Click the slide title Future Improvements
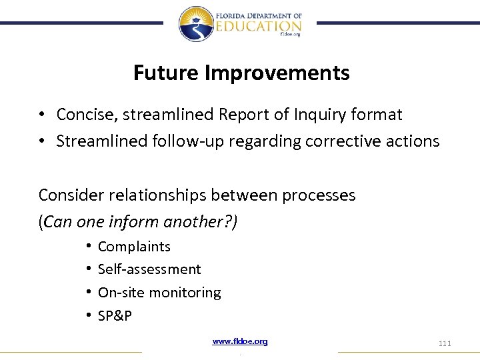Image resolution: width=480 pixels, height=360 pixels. (241, 73)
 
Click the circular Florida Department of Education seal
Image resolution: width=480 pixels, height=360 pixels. (195, 23)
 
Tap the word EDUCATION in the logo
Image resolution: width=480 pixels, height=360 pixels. (258, 25)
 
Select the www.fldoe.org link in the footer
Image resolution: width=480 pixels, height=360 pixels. (240, 341)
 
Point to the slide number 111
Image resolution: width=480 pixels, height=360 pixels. (445, 343)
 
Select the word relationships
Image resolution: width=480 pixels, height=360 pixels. (153, 195)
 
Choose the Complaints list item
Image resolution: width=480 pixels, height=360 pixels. (134, 247)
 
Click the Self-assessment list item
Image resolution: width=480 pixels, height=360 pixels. (149, 269)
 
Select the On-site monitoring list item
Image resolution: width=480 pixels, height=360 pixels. (159, 293)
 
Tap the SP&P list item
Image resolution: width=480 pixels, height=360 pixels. (115, 316)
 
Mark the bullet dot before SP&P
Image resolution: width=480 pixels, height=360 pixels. (88, 316)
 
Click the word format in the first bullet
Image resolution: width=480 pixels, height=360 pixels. (377, 115)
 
